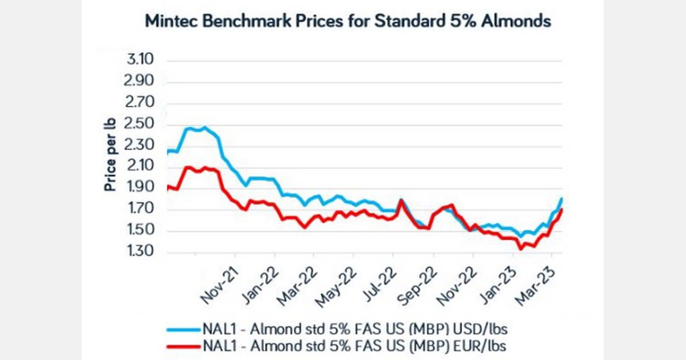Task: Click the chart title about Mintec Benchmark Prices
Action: pos(348,22)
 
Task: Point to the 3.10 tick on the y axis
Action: pos(140,59)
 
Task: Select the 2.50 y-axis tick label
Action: pos(140,124)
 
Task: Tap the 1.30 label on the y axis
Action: pos(140,252)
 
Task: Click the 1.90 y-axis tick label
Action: pos(140,188)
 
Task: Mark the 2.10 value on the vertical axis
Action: pos(140,166)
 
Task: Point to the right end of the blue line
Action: pos(562,198)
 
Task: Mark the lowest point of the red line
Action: pos(521,249)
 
